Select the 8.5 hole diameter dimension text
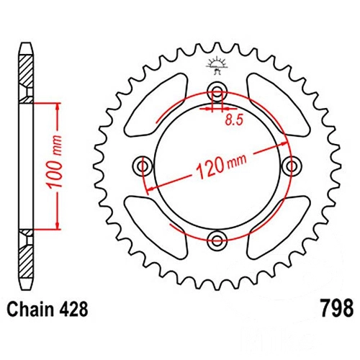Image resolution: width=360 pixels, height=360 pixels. (234, 120)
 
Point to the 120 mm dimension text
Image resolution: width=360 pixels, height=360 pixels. (221, 165)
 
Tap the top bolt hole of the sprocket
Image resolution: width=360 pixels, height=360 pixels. (217, 92)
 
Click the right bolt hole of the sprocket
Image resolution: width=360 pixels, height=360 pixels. (291, 166)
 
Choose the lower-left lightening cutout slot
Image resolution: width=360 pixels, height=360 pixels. (156, 227)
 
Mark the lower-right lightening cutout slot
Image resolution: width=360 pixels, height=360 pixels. (279, 227)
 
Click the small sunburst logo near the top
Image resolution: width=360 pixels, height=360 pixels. (217, 65)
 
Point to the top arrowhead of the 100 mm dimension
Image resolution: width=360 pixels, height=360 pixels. (58, 107)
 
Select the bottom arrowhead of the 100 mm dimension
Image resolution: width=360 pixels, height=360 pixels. (58, 225)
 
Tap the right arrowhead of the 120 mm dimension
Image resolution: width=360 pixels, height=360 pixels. (284, 144)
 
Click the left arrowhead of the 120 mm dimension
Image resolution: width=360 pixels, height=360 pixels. (150, 189)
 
